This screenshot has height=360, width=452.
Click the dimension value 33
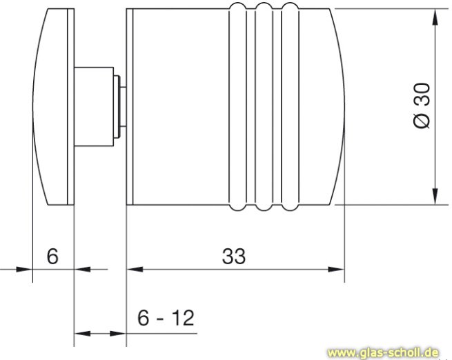tap(234, 256)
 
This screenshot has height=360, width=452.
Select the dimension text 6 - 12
tap(165, 318)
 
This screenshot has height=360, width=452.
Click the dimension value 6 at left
tap(52, 256)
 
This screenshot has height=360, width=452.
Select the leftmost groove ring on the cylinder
tap(237, 107)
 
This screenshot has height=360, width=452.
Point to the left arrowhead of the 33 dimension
tap(133, 268)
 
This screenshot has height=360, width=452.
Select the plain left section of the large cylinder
tap(176, 107)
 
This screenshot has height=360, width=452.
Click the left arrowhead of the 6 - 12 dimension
tap(81, 334)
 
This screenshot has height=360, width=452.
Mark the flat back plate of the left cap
tap(70, 107)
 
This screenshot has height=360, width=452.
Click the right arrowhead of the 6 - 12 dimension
tap(119, 334)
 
